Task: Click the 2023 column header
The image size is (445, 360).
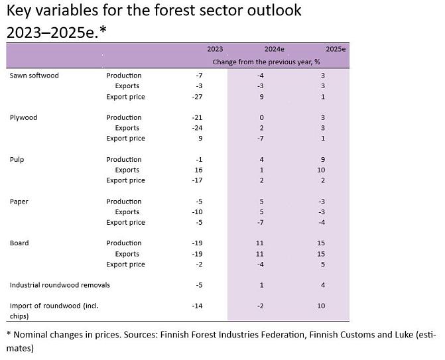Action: pos(215,49)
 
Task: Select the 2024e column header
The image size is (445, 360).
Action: pos(274,49)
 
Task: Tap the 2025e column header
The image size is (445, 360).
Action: pos(336,49)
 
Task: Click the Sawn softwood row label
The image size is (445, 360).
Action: pos(34,76)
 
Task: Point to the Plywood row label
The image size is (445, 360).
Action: pos(24,117)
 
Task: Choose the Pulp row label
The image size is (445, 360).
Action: pos(17,160)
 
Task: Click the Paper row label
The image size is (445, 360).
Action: pos(20,202)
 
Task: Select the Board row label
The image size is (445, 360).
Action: pos(20,243)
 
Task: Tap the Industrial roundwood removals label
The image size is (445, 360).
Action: pos(60,285)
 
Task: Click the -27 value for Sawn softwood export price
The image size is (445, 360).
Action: pos(196,97)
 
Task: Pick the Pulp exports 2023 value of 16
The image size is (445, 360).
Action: pos(198,170)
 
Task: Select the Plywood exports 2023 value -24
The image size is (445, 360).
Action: pos(196,128)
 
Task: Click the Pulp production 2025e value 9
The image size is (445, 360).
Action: pos(322,160)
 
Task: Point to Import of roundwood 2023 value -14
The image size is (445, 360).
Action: pos(196,306)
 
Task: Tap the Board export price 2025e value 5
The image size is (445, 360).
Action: pos(322,265)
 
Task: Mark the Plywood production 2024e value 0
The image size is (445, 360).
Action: pos(261,117)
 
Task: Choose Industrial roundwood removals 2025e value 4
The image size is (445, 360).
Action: pos(322,285)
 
